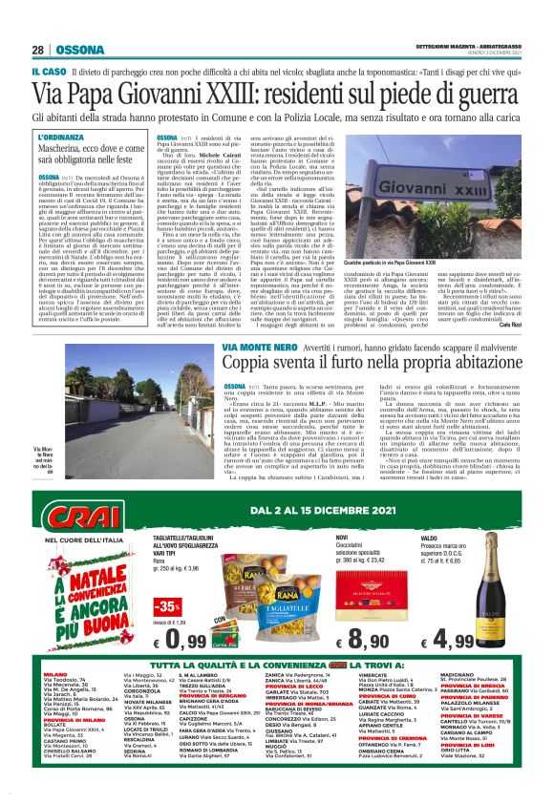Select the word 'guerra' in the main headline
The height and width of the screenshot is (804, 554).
[478, 94]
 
